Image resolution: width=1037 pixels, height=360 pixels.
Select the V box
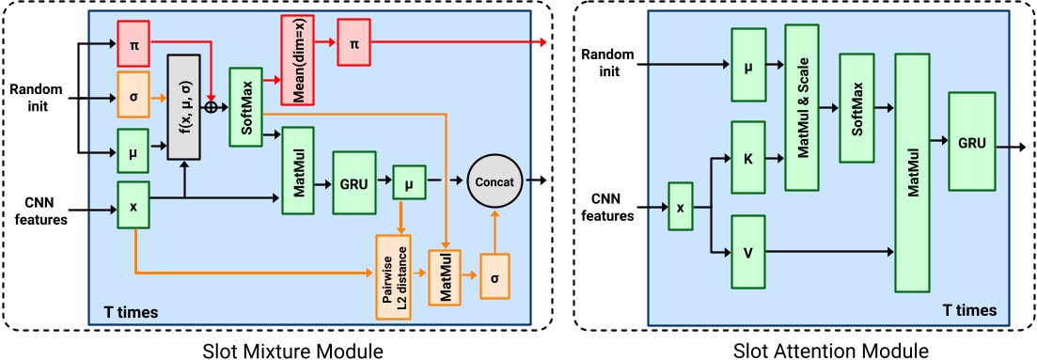click(747, 251)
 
